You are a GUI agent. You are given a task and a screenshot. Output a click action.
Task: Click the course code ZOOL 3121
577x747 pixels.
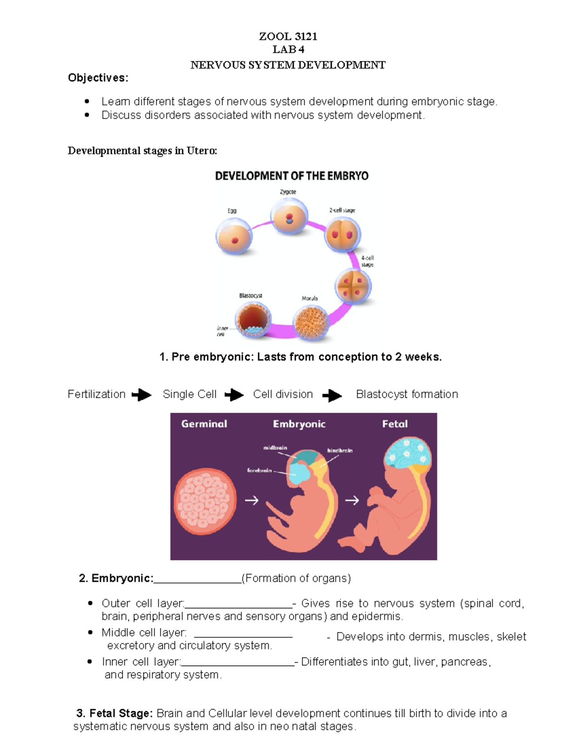(288, 37)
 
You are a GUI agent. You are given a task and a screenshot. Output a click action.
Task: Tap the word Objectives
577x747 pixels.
(98, 78)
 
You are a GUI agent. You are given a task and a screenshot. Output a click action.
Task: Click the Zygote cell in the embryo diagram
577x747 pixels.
(289, 218)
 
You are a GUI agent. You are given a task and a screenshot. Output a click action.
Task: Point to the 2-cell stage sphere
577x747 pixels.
(342, 235)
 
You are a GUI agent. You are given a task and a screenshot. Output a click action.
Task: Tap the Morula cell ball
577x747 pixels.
(311, 323)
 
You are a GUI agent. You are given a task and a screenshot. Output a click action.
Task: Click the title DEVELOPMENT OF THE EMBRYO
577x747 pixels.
(291, 176)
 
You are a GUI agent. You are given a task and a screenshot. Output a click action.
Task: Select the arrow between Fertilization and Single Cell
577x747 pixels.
(141, 395)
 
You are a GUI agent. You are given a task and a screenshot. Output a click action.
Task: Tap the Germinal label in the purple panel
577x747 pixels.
(204, 424)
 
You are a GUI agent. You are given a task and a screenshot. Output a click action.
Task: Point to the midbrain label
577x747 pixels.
(275, 448)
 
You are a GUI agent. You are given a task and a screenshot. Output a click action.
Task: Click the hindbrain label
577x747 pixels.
(339, 451)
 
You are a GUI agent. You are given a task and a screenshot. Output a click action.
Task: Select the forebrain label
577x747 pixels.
(259, 470)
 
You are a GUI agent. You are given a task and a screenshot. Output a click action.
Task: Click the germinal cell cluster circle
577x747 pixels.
(205, 501)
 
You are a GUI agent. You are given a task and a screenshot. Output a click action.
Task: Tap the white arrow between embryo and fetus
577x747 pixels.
(352, 501)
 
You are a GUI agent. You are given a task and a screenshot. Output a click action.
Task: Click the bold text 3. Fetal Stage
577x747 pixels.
(114, 713)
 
